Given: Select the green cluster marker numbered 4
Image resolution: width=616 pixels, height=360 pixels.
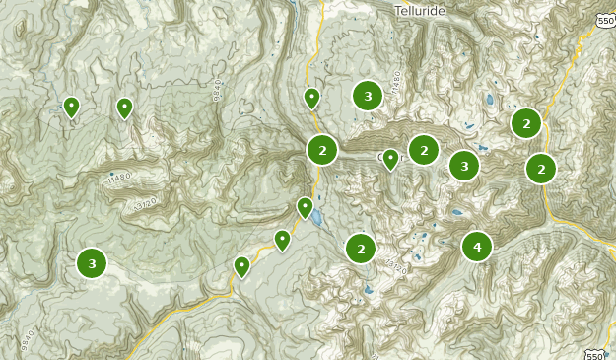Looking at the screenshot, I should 477,246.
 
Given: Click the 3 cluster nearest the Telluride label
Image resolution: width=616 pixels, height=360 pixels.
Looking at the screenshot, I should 368,96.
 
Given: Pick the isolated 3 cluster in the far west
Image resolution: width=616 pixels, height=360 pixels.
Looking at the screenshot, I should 92,263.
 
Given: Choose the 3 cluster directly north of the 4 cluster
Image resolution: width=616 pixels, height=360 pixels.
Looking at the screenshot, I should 464,166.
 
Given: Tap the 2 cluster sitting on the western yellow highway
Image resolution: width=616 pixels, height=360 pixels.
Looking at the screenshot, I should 322,150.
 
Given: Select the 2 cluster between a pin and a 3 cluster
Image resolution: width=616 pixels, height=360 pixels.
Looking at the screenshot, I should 424,150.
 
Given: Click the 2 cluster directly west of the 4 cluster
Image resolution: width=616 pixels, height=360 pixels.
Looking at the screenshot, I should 361,249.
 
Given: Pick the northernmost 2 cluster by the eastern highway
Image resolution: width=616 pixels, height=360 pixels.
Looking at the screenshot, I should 526,123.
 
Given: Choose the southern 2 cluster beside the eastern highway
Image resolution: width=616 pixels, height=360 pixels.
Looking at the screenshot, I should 540,168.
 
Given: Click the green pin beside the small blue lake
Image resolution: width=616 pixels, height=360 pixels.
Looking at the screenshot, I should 306,208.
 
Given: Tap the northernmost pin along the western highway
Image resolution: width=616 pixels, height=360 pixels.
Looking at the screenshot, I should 311,98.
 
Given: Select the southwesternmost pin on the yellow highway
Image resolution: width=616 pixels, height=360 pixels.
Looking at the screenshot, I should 241,266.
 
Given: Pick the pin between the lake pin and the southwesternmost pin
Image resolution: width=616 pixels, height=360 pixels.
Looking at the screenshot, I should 283,240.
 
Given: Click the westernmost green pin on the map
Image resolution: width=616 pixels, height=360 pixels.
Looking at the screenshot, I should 71,106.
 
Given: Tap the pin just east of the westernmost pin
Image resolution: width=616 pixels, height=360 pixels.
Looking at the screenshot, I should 124,108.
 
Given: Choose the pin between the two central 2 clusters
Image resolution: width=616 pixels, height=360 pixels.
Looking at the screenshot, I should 391,158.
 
